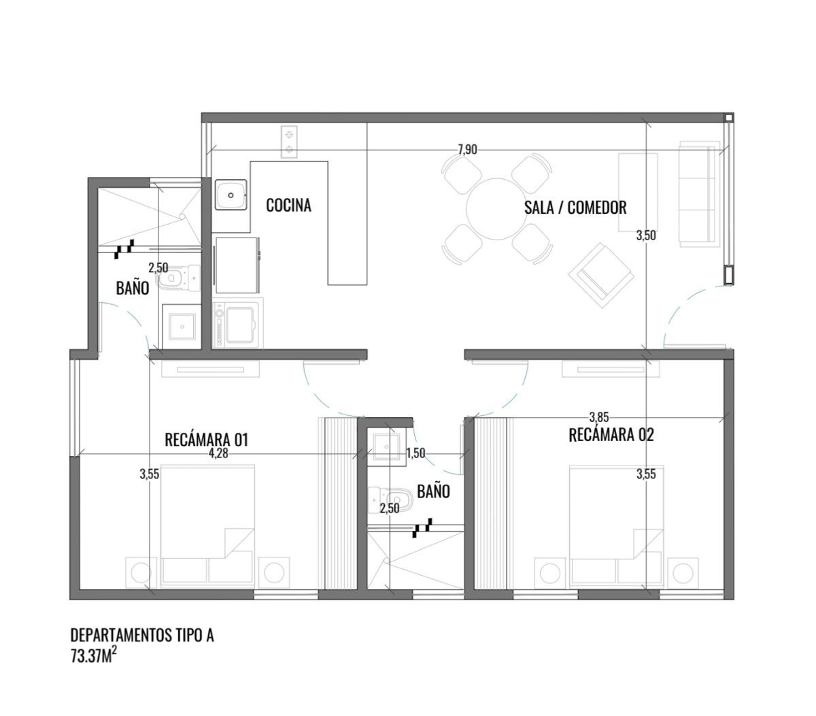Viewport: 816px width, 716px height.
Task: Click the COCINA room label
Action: (x=288, y=205)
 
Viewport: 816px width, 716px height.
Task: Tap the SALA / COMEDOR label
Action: (x=575, y=207)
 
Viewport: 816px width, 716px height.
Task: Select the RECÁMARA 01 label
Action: (x=206, y=440)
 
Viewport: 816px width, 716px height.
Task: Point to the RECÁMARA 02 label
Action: (x=611, y=435)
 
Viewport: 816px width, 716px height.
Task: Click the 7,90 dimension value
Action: (x=467, y=150)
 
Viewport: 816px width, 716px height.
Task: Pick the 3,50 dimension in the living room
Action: (x=646, y=235)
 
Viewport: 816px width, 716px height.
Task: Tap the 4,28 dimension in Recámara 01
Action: (x=218, y=453)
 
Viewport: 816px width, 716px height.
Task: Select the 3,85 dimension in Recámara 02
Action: (x=599, y=416)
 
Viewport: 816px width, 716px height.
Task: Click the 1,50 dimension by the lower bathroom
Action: (x=415, y=453)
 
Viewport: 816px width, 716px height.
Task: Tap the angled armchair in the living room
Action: (x=601, y=276)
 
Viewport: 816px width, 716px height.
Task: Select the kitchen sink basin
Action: (x=231, y=195)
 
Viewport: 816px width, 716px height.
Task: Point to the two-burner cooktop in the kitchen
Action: (x=289, y=142)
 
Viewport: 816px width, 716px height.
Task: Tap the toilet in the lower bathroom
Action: (x=390, y=500)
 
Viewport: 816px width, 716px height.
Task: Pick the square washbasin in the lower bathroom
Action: (x=387, y=446)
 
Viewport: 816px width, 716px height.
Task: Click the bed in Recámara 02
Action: (x=616, y=526)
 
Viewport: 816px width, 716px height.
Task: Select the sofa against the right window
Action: (x=700, y=194)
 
